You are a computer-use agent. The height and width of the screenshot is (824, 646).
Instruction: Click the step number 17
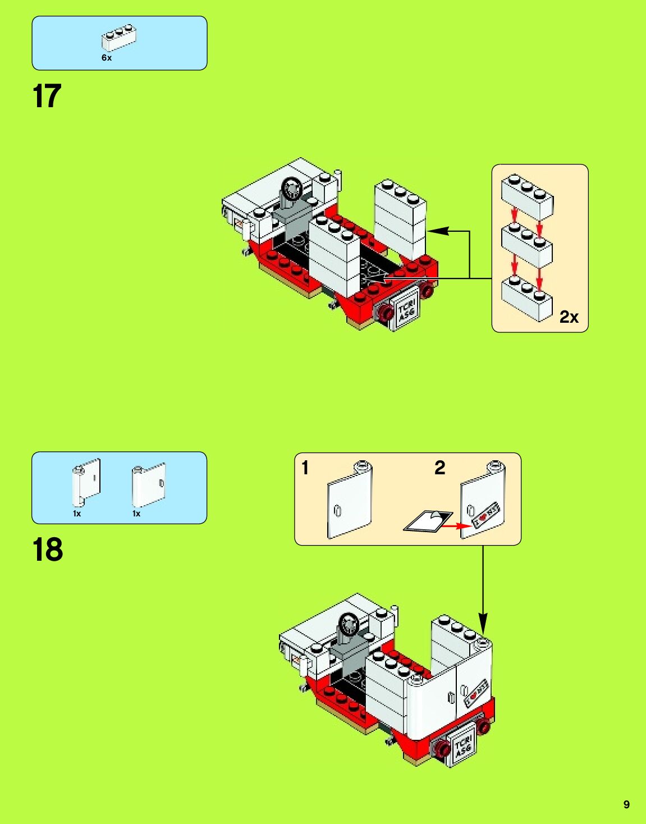[x=47, y=96]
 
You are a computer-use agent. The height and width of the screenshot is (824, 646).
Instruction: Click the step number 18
[x=48, y=550]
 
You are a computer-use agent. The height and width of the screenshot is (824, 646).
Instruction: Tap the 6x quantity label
[x=107, y=58]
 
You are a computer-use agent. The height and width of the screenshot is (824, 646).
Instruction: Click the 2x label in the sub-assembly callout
[x=569, y=317]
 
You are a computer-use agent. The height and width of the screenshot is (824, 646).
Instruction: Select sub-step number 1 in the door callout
[x=305, y=468]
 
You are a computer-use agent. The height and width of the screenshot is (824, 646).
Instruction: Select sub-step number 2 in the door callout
[x=440, y=468]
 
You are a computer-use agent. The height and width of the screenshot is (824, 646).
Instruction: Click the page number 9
[x=626, y=804]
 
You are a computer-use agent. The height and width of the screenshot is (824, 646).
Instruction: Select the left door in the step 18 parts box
[x=86, y=482]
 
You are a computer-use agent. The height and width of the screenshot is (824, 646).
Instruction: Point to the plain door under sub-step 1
[x=349, y=501]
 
